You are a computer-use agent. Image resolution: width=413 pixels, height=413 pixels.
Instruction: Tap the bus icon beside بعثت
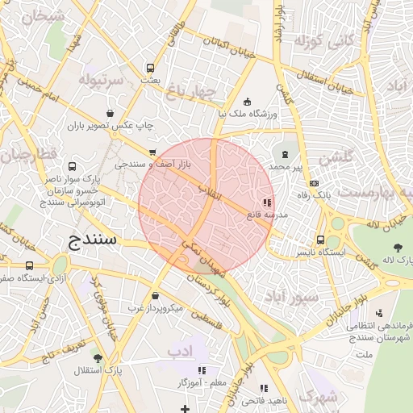(149, 69)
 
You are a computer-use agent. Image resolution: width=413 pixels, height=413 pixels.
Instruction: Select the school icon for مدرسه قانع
(267, 203)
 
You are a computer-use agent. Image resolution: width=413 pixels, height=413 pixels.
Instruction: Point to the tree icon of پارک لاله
(398, 247)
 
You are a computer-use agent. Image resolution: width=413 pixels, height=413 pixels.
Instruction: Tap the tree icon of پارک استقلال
(98, 357)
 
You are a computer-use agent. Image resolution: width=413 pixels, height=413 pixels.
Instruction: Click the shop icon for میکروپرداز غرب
(155, 296)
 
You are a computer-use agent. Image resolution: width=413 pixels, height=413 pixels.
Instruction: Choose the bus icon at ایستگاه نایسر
(322, 240)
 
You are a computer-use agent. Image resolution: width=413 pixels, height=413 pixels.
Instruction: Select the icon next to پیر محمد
(285, 153)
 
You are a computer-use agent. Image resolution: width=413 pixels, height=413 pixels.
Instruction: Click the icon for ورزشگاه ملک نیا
(247, 102)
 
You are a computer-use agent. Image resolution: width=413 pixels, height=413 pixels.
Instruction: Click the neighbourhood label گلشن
(336, 159)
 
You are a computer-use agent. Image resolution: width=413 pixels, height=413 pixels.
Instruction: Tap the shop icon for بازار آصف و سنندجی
(152, 152)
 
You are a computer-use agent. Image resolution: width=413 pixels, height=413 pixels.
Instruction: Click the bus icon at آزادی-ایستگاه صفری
(30, 265)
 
